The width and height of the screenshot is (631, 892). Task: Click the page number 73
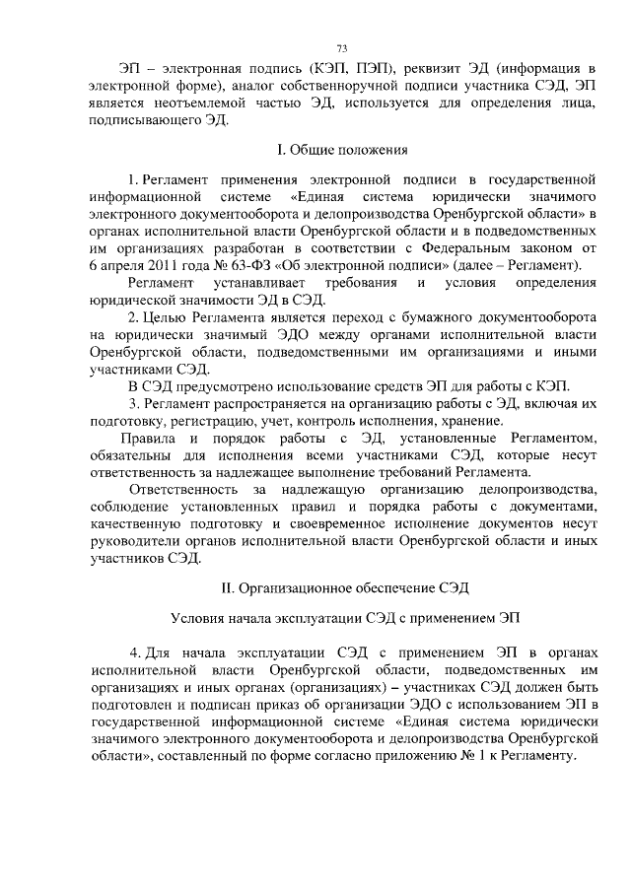click(342, 48)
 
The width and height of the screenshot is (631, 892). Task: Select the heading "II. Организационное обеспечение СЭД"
click(341, 588)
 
